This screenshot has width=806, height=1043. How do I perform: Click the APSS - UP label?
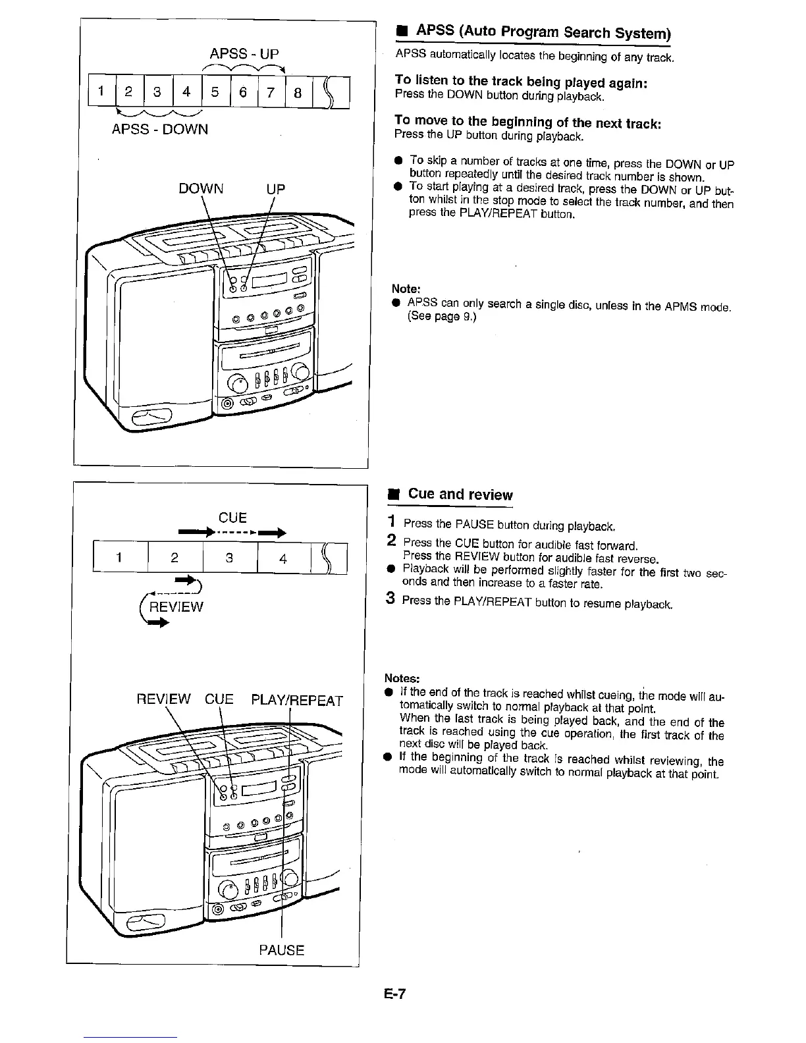coord(244,53)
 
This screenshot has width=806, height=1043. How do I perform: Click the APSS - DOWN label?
coord(160,129)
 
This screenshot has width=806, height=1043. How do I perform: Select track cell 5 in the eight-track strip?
coord(215,93)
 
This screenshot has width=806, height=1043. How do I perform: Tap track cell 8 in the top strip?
coord(298,93)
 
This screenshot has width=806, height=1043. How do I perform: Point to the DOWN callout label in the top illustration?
coord(201,189)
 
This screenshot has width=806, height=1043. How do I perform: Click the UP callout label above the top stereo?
coord(275,189)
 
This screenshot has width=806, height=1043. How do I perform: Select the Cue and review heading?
coord(460,495)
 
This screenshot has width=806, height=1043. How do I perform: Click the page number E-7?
coord(396,994)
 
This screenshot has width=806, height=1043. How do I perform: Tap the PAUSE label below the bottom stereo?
coord(282,950)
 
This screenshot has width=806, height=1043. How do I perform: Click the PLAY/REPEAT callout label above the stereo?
coord(298,700)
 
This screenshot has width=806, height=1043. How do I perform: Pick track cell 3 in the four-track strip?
coord(230,558)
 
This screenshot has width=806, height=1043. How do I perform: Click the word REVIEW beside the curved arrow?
coord(176,606)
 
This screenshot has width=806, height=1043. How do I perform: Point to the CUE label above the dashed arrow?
coord(232,518)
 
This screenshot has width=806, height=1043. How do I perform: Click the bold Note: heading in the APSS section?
coord(406,288)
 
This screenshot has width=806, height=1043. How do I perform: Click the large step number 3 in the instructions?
coord(390,599)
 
